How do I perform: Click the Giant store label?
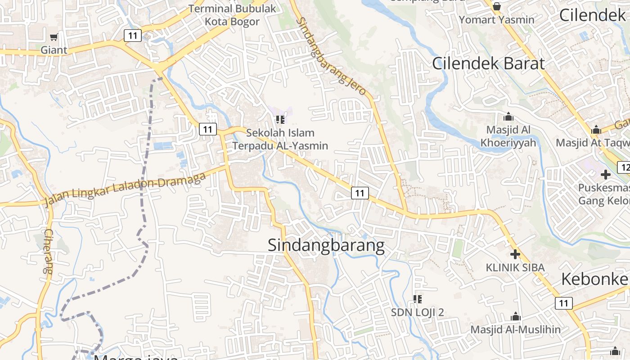point(54,50)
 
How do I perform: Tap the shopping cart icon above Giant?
point(54,37)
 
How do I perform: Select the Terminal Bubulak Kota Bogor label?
point(232,15)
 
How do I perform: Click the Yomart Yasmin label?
point(497,20)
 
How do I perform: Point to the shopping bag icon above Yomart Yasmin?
point(497,6)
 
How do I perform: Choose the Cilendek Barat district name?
point(488,63)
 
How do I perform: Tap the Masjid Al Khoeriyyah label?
point(508,136)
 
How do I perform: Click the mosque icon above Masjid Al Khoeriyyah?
point(508,117)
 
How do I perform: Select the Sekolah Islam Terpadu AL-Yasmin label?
point(280,139)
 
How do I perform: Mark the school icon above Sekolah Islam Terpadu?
point(280,120)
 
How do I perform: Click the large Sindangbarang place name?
point(326,246)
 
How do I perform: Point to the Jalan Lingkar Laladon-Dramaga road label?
point(126,189)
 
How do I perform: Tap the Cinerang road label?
point(49,252)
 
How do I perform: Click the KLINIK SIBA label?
point(515,267)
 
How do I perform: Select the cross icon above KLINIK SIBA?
point(515,254)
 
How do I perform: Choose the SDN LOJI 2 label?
point(417,312)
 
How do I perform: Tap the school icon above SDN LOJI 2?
point(418,299)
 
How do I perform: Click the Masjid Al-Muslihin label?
point(516,330)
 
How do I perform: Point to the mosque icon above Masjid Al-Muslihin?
point(516,317)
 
